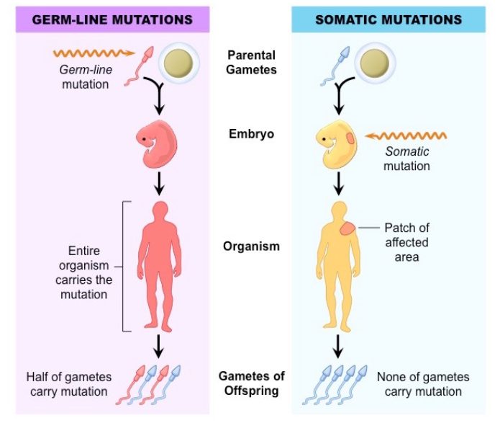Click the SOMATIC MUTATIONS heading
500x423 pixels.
click(x=388, y=19)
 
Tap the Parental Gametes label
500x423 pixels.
click(x=250, y=62)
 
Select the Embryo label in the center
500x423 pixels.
click(x=251, y=134)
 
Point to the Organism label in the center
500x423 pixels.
click(x=251, y=246)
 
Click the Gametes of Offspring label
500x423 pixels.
click(x=251, y=383)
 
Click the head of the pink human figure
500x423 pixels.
click(x=160, y=210)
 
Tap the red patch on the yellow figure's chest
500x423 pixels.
click(x=347, y=230)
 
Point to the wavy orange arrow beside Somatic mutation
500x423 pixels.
click(x=406, y=135)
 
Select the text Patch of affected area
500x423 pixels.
click(x=406, y=242)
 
